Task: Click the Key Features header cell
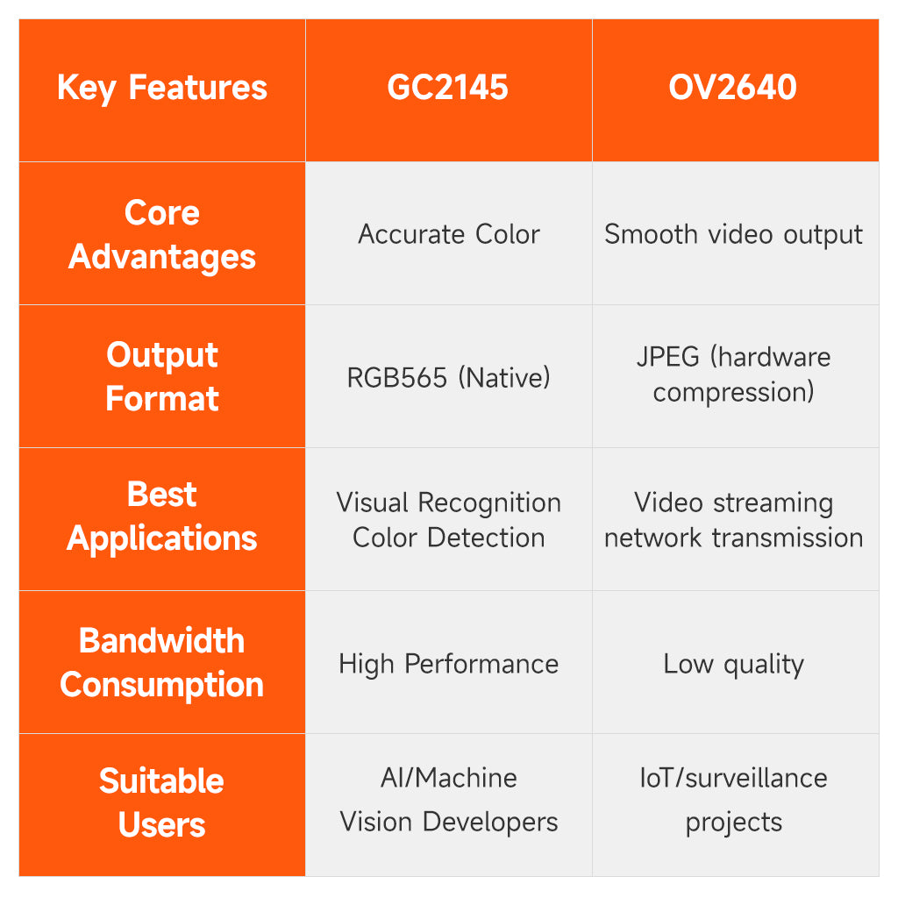(x=162, y=89)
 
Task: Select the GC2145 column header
(x=448, y=89)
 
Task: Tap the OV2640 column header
(x=734, y=89)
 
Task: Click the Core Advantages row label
(x=162, y=234)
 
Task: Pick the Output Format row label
(x=162, y=377)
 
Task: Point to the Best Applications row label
(x=162, y=517)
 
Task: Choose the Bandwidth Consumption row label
(x=162, y=663)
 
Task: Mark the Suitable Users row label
(x=162, y=803)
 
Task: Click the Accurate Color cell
(x=448, y=234)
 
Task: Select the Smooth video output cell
(x=734, y=234)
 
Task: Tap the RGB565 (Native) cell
(x=448, y=378)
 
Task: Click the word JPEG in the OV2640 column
(x=668, y=358)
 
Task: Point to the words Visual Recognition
(x=448, y=502)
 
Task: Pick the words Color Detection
(x=448, y=538)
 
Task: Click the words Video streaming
(x=734, y=502)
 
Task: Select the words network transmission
(x=734, y=538)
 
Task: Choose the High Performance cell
(x=448, y=664)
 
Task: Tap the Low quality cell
(x=734, y=664)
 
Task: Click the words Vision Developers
(x=448, y=822)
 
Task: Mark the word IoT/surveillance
(x=734, y=778)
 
